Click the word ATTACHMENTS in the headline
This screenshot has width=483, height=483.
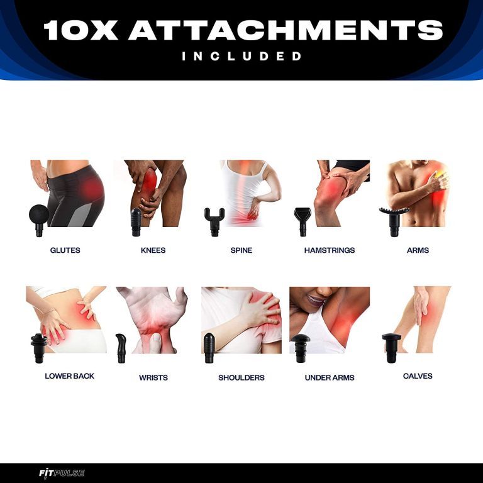pos(286,30)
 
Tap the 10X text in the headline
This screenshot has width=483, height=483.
pos(81,30)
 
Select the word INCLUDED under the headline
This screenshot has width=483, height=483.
pos(241,56)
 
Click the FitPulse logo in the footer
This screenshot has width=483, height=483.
pos(62,473)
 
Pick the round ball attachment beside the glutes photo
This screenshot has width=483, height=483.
pos(39,219)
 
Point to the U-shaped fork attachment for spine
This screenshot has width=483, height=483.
pos(214,222)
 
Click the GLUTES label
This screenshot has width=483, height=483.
pos(65,250)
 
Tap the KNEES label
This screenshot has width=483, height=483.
pos(153,250)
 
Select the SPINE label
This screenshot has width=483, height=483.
pos(241,250)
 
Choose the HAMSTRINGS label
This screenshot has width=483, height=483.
pos(330,250)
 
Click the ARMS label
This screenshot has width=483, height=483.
pos(418,250)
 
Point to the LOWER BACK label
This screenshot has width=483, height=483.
pos(70,376)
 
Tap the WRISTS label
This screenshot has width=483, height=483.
pos(153,377)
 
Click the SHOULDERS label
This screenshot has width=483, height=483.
pos(241,377)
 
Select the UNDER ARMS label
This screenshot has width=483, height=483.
pos(330,377)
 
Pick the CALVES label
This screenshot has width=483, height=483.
pos(418,376)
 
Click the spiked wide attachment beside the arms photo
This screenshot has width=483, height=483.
pos(394,220)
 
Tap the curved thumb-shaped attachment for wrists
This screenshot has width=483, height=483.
pos(121,348)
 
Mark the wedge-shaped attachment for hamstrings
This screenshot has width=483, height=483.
pos(303,222)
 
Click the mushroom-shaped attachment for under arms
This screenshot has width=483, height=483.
pos(301,348)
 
